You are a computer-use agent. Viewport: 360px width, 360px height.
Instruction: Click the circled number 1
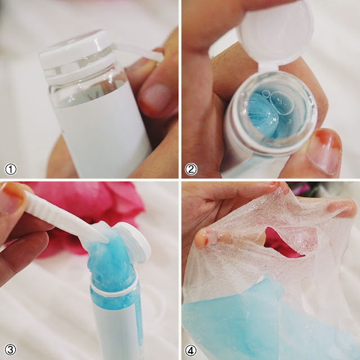(11, 170)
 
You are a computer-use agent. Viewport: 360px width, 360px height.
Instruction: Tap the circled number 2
(191, 170)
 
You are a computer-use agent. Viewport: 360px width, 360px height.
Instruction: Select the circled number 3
(11, 350)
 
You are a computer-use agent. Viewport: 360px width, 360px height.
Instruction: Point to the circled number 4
(191, 350)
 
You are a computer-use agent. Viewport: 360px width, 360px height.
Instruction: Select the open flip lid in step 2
(276, 34)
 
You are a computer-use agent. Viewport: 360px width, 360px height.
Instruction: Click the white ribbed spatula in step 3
(66, 218)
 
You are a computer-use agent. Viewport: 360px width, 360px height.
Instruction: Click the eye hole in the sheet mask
(284, 241)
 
